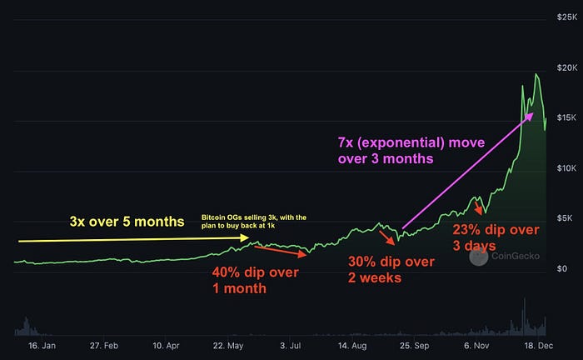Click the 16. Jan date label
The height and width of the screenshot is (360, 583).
point(42,345)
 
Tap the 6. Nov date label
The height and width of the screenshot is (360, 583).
point(479,345)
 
